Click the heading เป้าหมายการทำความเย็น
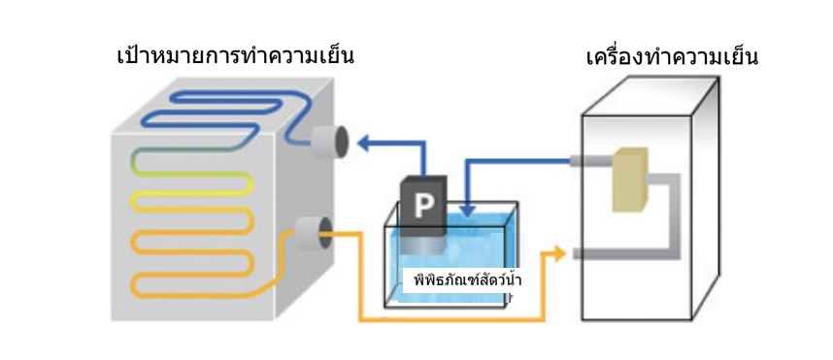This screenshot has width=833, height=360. click(234, 54)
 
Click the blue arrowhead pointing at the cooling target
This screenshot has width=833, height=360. click(364, 144)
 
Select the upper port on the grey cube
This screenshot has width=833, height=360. click(331, 142)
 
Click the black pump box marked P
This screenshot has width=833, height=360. click(423, 206)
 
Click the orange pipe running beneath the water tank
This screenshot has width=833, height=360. click(447, 318)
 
